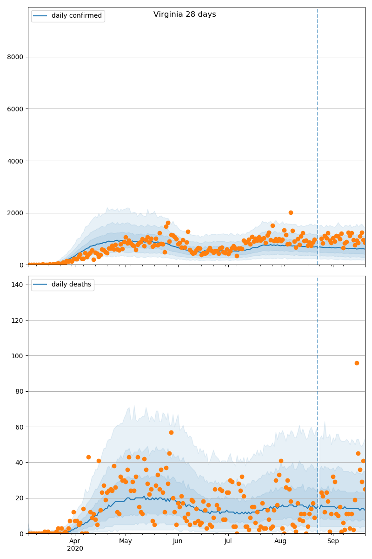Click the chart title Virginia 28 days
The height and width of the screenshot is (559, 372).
click(185, 14)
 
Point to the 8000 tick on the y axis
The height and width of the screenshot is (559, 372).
click(15, 57)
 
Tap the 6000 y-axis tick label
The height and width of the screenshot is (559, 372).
click(15, 109)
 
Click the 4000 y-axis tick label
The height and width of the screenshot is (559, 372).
click(15, 161)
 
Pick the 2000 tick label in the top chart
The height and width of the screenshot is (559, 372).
click(15, 213)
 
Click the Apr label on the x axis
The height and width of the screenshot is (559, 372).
click(75, 541)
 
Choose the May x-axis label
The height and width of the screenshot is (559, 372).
click(126, 541)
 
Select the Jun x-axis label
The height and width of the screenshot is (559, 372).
click(177, 541)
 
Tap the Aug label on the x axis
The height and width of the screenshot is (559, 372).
click(280, 541)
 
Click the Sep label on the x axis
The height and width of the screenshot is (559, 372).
click(333, 541)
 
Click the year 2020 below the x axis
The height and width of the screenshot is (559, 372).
click(75, 549)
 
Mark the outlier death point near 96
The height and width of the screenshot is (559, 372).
click(357, 363)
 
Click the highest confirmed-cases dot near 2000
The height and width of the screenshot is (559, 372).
click(291, 212)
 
